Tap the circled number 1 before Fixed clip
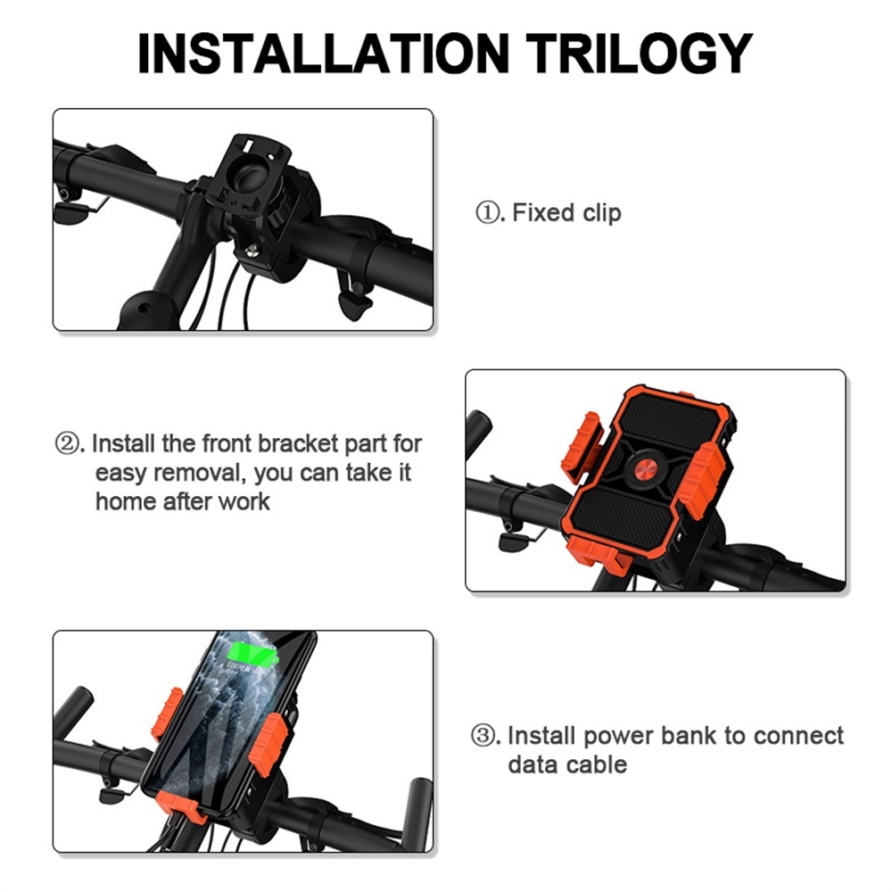point(488,213)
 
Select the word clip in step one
point(602,213)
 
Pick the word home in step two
point(124,501)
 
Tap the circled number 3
point(483,736)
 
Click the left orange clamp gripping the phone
point(166,714)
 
